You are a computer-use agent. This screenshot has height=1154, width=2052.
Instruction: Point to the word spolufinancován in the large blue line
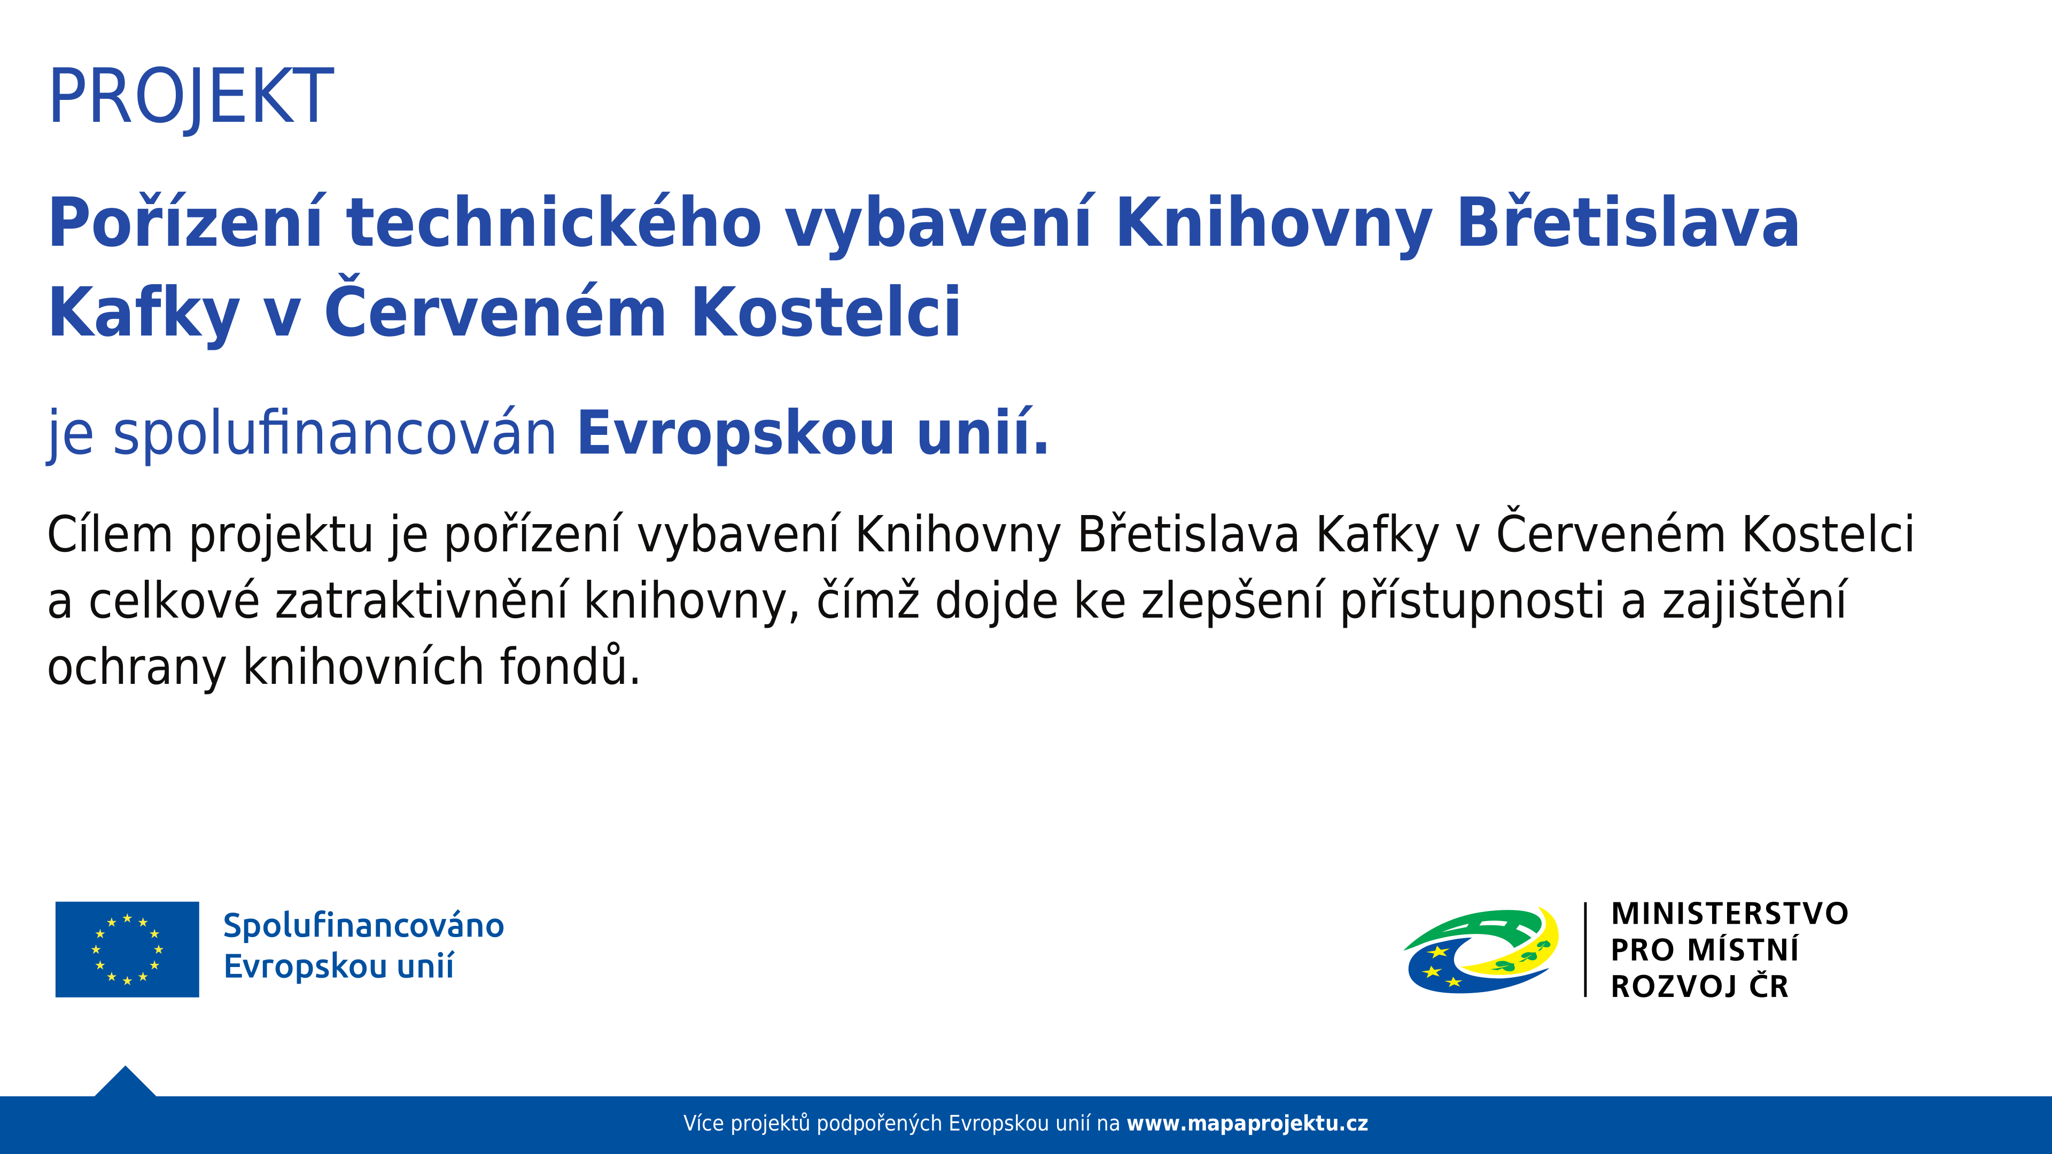(335, 434)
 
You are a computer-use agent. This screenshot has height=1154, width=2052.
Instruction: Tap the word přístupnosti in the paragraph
(1472, 601)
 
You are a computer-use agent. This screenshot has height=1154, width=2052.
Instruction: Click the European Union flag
(128, 949)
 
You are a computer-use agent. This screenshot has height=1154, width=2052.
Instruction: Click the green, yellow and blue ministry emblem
(1482, 950)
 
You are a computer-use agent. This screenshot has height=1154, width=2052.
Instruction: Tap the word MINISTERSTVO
(1729, 914)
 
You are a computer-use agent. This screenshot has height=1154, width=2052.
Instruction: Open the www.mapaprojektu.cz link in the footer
(1247, 1124)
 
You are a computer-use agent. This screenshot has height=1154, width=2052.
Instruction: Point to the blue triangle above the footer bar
(125, 1083)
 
